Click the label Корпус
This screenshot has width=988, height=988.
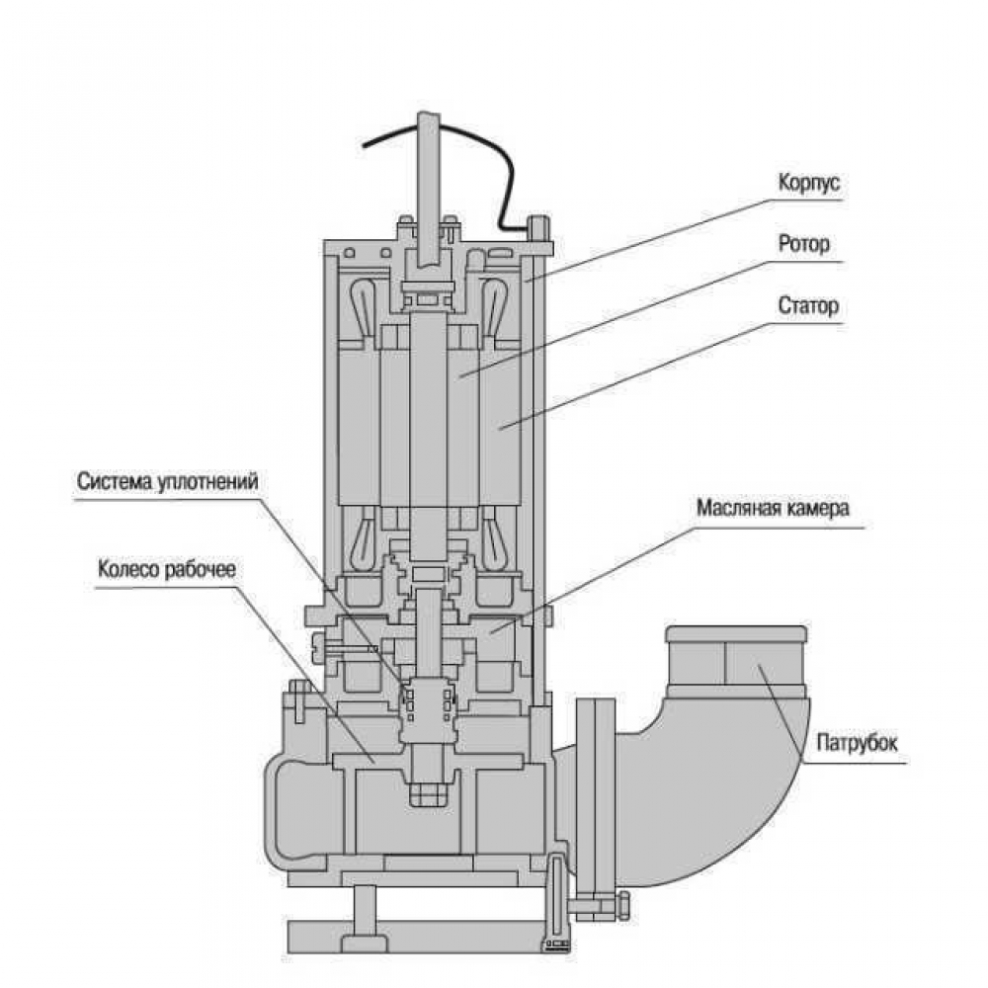pos(808,184)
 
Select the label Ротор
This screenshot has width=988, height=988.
pos(805,244)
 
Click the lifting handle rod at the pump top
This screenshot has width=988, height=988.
pos(429,178)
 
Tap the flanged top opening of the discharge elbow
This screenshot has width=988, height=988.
pos(738,634)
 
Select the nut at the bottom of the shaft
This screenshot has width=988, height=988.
pos(431,792)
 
